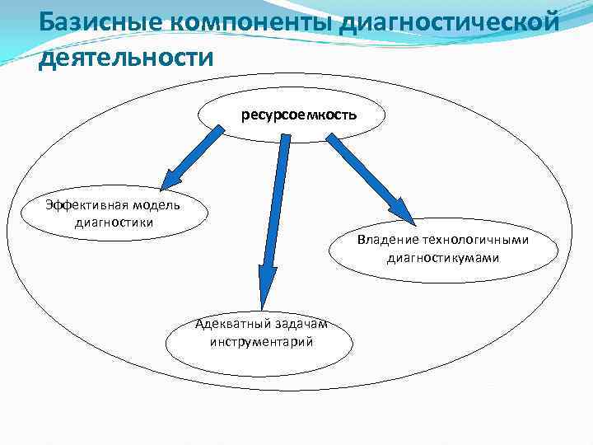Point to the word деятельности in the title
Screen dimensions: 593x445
coord(125,58)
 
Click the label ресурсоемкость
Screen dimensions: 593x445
coord(299,115)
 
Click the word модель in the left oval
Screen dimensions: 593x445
coord(147,205)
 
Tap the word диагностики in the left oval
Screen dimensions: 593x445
coord(113,221)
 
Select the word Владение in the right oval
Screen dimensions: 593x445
coord(388,241)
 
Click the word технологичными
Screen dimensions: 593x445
coord(475,241)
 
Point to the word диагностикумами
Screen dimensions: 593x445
coord(442,258)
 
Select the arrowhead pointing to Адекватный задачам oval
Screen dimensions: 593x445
coord(266,288)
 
